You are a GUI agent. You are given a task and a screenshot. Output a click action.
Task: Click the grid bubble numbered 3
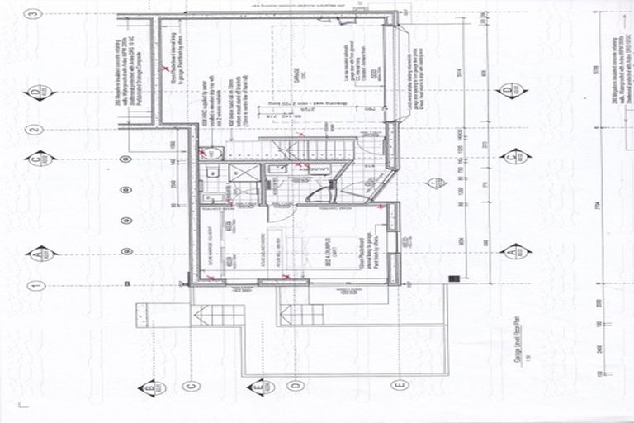34,14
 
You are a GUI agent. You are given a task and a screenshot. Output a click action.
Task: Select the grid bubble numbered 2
34,130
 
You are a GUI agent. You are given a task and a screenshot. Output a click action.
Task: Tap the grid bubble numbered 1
34,286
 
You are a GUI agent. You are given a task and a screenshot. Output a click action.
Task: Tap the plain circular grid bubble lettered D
296,385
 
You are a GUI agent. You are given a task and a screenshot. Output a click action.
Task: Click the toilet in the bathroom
212,171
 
